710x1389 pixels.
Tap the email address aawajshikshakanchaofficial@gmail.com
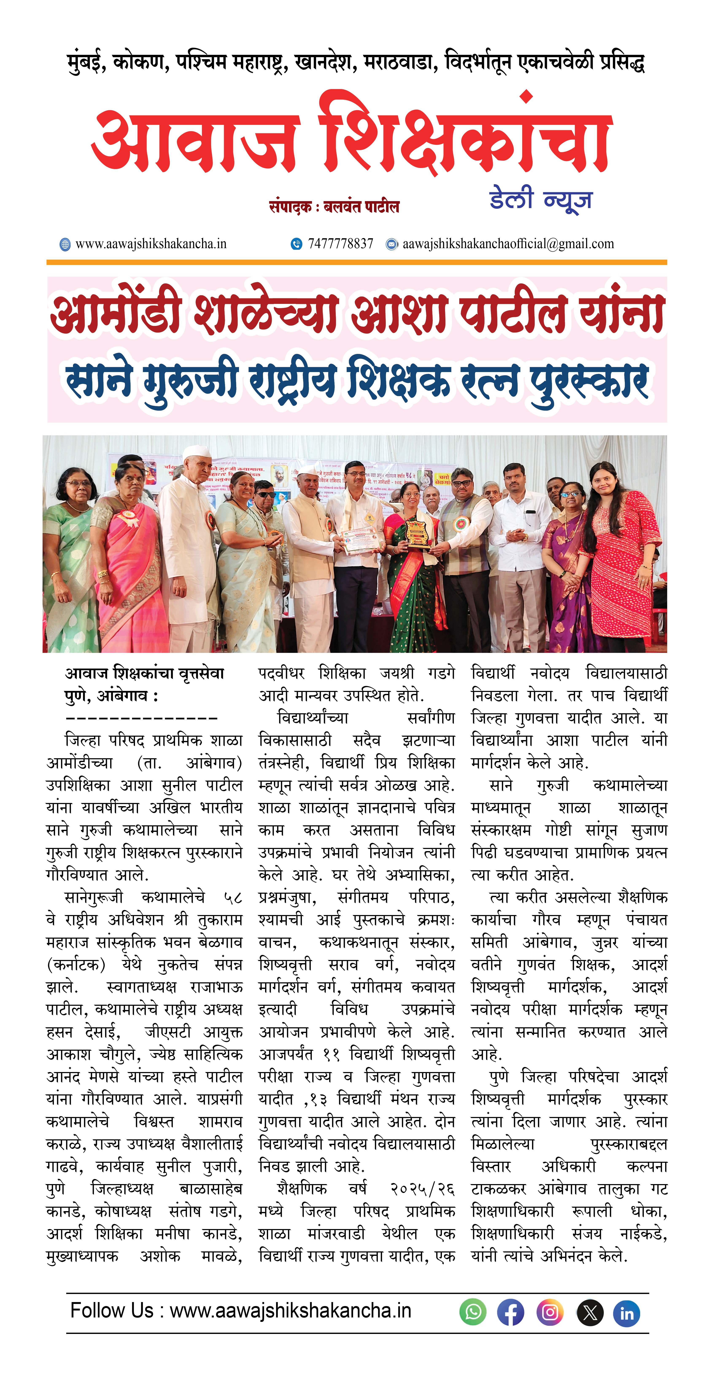pyautogui.click(x=508, y=244)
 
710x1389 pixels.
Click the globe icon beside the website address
pyautogui.click(x=65, y=244)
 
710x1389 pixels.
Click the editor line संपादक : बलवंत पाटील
pyautogui.click(x=334, y=207)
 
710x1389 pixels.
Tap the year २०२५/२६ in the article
pyautogui.click(x=422, y=1188)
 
